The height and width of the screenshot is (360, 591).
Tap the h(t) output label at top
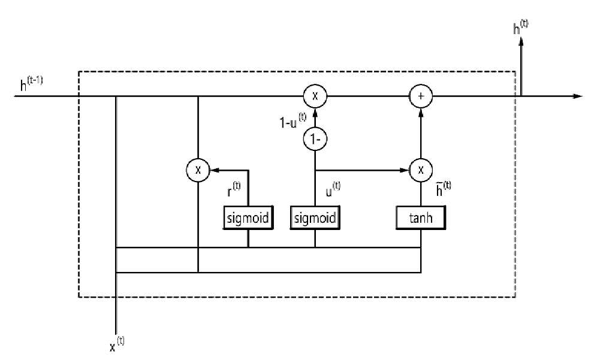pos(520,27)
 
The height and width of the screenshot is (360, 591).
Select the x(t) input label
pos(117,344)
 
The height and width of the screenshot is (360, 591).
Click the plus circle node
pos(421,96)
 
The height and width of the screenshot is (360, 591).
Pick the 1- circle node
pos(315,139)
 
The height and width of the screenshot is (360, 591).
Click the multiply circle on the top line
pos(315,96)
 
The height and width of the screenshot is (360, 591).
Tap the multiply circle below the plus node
pos(421,170)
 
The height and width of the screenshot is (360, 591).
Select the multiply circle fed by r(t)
pos(198,170)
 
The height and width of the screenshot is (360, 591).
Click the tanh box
pos(421,217)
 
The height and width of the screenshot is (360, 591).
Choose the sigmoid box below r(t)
pos(248,217)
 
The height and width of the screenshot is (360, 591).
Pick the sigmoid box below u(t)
pos(315,217)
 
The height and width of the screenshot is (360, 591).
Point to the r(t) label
pos(234,189)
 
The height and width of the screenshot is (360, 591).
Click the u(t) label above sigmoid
pos(333,189)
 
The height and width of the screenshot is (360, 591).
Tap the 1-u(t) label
pos(293,120)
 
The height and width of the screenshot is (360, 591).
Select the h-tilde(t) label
pos(444,189)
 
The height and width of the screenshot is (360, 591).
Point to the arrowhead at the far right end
pos(578,96)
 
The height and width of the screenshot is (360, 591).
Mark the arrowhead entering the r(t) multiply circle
pos(215,170)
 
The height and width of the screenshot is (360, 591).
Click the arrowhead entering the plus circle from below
pos(421,112)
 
